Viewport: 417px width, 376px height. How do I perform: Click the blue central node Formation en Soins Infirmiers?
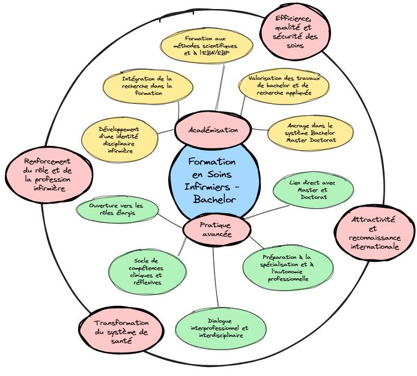click(211, 180)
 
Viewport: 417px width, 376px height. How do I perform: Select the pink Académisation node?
click(213, 129)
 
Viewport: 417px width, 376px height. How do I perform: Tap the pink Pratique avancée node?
click(215, 229)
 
